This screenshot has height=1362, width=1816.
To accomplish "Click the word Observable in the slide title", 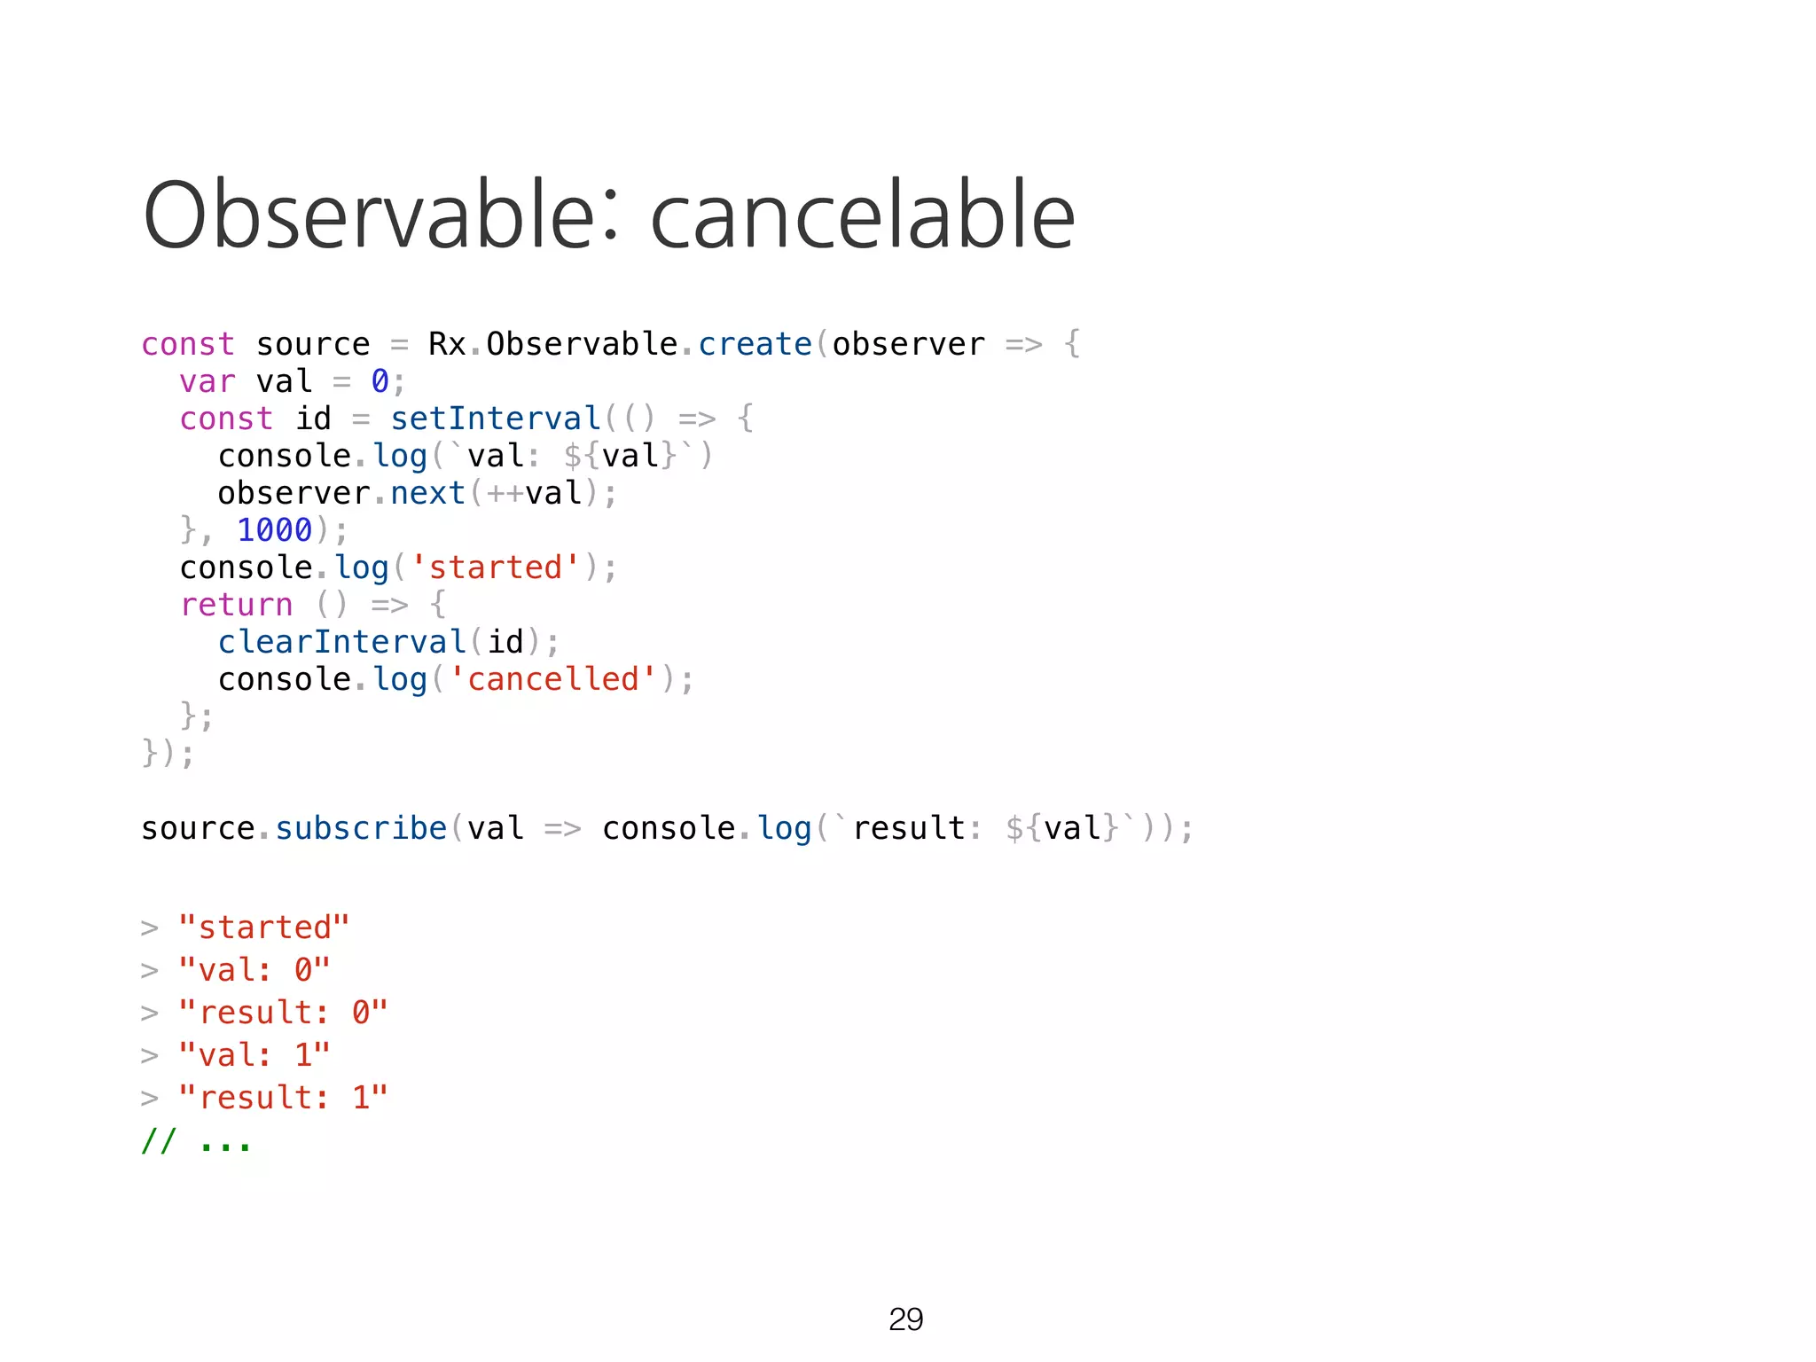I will pos(369,215).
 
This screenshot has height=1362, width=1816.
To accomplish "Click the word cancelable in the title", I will pos(862,215).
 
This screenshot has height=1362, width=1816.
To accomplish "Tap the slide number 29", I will pos(905,1319).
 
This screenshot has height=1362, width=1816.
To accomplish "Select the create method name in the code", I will pos(755,344).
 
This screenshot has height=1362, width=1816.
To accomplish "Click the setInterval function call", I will pos(496,419).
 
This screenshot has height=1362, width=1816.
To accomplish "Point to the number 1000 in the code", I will pos(274,530).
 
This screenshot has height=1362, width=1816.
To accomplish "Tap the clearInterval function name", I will pos(342,642).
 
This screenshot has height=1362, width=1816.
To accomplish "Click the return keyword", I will pos(236,605).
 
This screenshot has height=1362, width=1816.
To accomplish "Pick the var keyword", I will pos(207,381).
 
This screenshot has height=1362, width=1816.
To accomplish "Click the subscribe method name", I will pos(361,828).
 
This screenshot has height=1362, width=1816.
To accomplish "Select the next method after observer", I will pos(427,493).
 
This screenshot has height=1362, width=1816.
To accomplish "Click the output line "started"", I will pos(263,928).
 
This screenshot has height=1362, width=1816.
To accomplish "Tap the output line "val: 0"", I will pos(254,970).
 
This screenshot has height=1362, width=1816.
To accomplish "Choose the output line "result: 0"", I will pos(283,1013).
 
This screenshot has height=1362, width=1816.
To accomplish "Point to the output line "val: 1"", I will pos(254,1055).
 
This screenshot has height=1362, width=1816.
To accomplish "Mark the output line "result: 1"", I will pos(283,1098).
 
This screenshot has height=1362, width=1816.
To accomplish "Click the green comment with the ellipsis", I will pos(196,1142).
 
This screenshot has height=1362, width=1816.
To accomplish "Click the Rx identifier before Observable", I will pos(447,344).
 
